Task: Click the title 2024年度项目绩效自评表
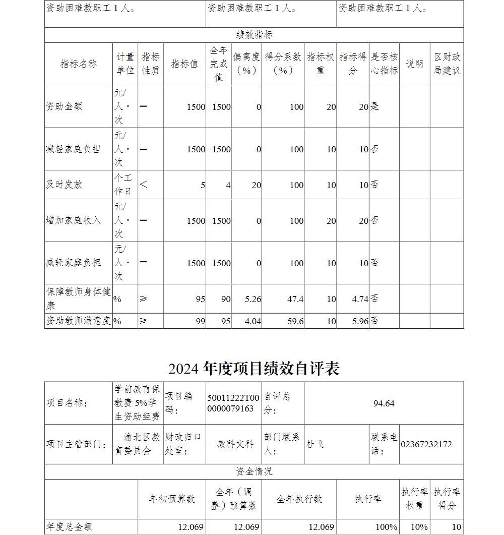pos(254,369)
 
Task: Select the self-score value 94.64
pos(384,403)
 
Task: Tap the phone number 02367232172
pos(426,444)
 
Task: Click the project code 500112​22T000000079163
pos(233,403)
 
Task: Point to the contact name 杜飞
pos(315,444)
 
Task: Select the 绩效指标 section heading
pos(254,35)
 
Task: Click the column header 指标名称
pos(79,64)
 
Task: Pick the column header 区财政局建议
pos(447,64)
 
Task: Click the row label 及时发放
pos(64,185)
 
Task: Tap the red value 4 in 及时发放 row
pos(228,185)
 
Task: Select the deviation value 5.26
pos(253,299)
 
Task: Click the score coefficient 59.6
pos(295,321)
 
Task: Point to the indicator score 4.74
pos(360,299)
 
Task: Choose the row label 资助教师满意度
pos(78,321)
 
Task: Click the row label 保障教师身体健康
pos(78,299)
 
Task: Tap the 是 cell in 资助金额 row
pos(375,106)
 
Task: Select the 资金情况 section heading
pos(254,471)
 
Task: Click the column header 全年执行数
pos(299,499)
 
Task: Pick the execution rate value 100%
pos(387,527)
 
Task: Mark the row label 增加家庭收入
pos(74,220)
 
